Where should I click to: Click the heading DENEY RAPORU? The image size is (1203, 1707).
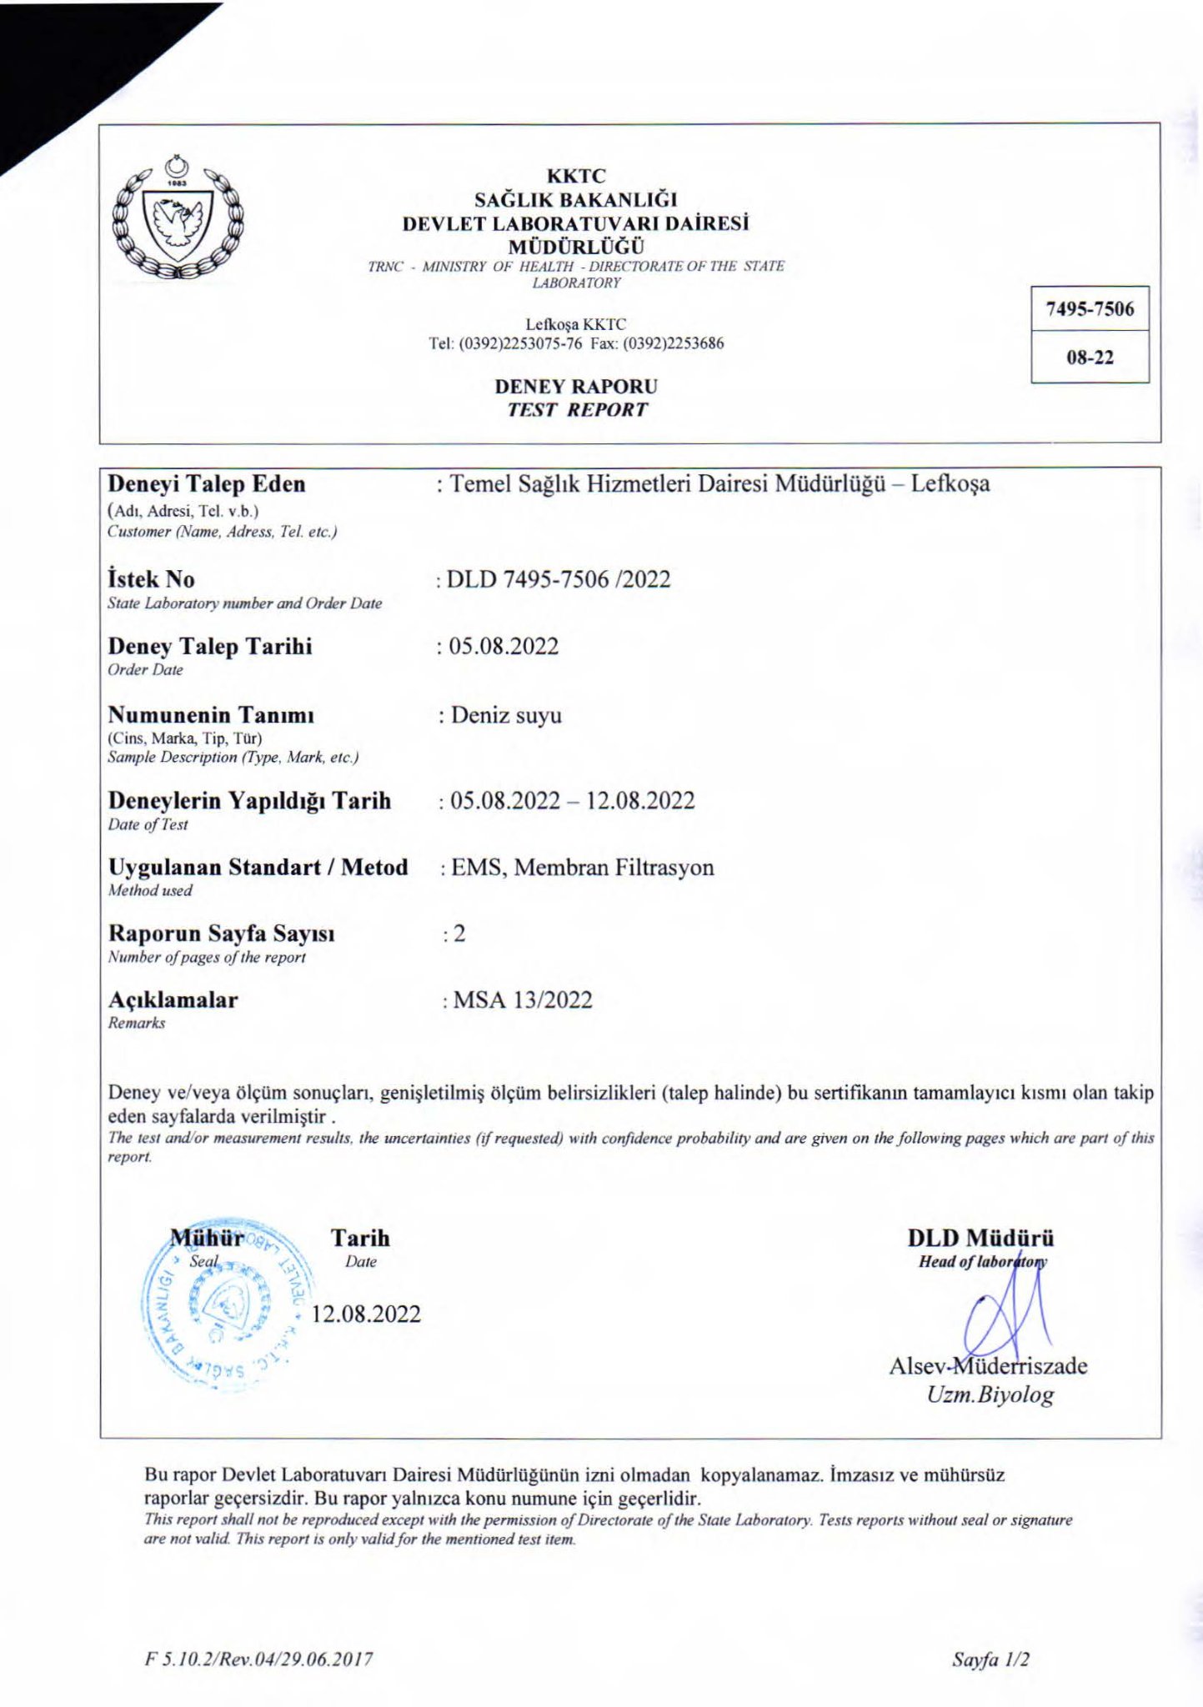click(x=576, y=387)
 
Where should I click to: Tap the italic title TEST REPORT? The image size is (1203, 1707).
click(x=577, y=410)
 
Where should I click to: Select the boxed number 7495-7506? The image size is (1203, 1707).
click(x=1090, y=309)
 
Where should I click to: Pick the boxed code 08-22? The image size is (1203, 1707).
click(x=1090, y=358)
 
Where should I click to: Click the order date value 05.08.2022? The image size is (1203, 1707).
click(x=504, y=647)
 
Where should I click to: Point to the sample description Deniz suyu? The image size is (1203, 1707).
click(x=506, y=715)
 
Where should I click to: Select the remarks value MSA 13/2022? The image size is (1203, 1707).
click(x=523, y=1000)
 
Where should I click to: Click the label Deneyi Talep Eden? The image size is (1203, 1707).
click(x=207, y=484)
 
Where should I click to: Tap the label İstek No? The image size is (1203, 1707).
click(x=151, y=579)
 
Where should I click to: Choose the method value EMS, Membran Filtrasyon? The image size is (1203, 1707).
click(x=582, y=868)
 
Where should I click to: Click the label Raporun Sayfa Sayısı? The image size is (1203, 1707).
click(x=222, y=934)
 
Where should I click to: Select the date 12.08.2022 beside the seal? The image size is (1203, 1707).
click(x=366, y=1314)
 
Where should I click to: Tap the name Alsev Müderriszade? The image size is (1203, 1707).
click(x=988, y=1366)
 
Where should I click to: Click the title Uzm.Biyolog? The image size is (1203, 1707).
click(x=990, y=1394)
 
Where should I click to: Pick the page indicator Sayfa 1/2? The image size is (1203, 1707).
click(x=990, y=1659)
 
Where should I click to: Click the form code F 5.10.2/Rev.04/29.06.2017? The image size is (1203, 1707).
click(x=258, y=1659)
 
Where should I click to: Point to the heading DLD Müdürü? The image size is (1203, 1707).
click(x=980, y=1238)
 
